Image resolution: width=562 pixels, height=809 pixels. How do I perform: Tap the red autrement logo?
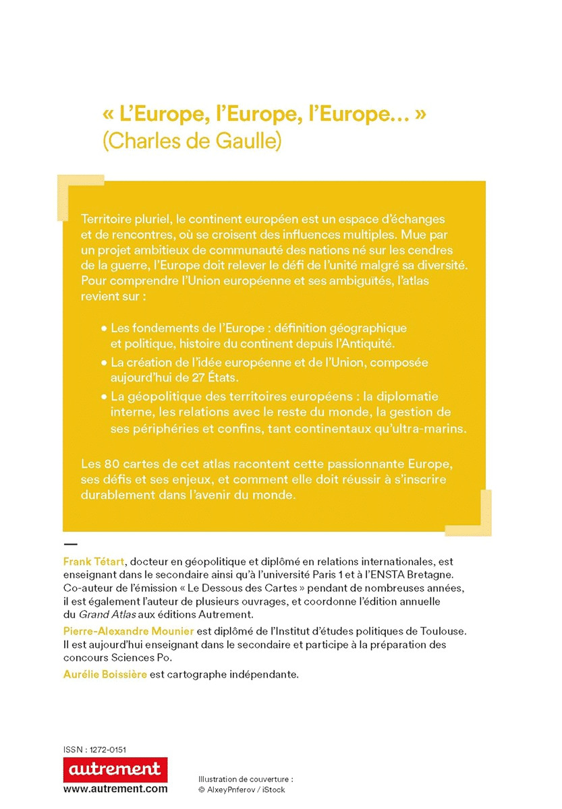point(115,769)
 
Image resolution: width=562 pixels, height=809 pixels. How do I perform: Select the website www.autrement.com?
point(115,788)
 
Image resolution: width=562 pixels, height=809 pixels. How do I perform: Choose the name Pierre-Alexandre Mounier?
point(119,630)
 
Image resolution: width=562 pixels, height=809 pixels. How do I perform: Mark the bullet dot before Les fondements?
point(104,328)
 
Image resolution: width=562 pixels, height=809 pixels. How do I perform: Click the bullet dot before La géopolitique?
point(104,397)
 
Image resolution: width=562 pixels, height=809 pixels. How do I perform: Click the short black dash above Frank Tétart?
point(70,543)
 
